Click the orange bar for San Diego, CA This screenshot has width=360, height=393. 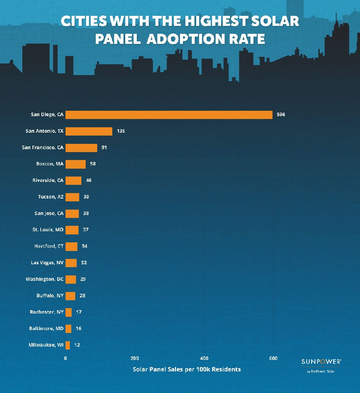tap(169, 115)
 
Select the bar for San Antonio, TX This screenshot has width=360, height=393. tap(89, 131)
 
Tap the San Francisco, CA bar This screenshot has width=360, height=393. tap(81, 148)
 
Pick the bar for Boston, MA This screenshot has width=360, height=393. tap(76, 164)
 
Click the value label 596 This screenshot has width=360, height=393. tap(281, 115)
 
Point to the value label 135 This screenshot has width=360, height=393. tap(121, 131)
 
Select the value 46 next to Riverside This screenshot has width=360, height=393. tap(89, 180)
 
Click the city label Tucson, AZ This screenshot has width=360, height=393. tap(50, 197)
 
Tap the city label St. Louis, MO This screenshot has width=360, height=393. tap(48, 230)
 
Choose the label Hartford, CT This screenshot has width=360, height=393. tap(49, 246)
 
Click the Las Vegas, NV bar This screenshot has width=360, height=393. tap(71, 263)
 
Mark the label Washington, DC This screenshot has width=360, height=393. tap(45, 279)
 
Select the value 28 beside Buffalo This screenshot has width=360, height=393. tap(82, 296)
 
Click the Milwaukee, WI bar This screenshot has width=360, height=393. tap(68, 345)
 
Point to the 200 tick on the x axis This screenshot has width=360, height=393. tap(135, 358)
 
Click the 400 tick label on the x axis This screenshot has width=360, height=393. tap(204, 358)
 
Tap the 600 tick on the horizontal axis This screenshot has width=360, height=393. tap(273, 358)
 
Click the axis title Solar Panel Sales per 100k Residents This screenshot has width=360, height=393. tap(187, 369)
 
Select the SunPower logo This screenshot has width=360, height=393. tap(321, 362)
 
